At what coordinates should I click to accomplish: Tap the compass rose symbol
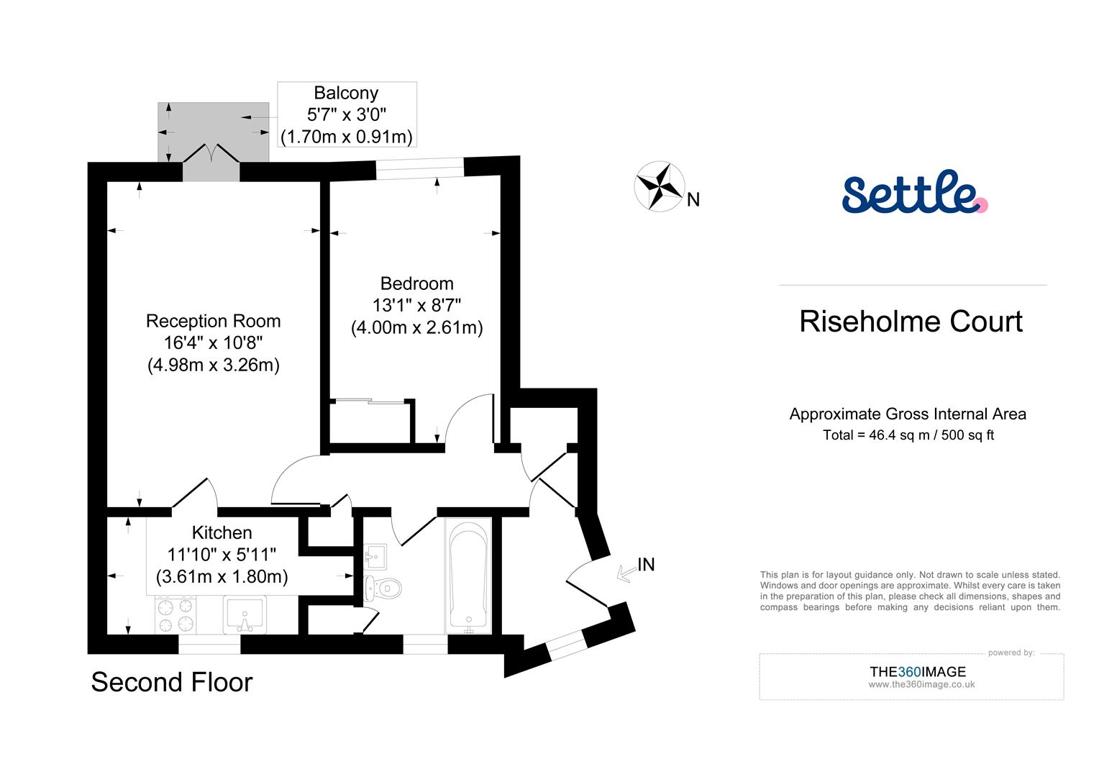pos(658,187)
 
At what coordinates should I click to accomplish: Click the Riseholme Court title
pos(911,322)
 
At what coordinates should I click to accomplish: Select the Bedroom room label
pos(416,283)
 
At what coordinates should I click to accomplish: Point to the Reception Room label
pos(213,321)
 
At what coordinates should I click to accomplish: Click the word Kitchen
pos(222,532)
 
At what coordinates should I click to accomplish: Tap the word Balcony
pos(346,93)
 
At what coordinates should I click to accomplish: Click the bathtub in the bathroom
pos(468,576)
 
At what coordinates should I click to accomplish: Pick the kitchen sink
pos(244,614)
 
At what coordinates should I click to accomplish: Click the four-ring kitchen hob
pos(176,614)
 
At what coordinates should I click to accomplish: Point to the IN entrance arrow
pos(628,571)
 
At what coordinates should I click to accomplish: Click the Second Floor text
pos(172,682)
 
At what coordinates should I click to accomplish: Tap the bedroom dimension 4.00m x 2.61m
pos(416,328)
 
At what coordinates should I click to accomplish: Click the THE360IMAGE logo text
pos(917,671)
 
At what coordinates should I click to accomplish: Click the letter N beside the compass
pos(693,200)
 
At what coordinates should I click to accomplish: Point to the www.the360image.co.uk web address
pos(921,685)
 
